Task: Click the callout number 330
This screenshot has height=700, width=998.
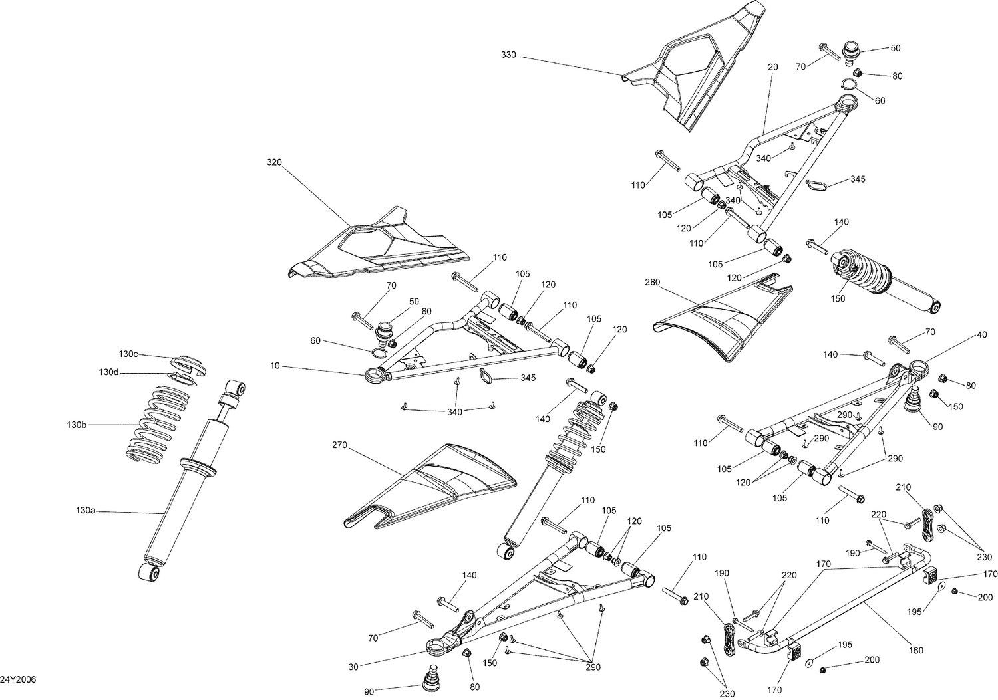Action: point(508,55)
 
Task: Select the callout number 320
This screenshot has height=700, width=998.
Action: point(274,162)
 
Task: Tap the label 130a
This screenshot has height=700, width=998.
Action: point(86,511)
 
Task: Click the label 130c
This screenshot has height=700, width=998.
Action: point(128,354)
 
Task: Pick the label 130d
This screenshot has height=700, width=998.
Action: point(110,372)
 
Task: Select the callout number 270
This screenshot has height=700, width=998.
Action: point(339,446)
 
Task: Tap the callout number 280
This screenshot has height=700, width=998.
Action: point(652,282)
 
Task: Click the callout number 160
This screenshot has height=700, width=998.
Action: point(916,650)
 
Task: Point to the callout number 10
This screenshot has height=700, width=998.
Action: point(275,366)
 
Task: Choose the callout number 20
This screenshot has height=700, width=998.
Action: point(772,67)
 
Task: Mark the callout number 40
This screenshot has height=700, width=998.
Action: point(982,335)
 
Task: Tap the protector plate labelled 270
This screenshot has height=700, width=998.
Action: point(432,482)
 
